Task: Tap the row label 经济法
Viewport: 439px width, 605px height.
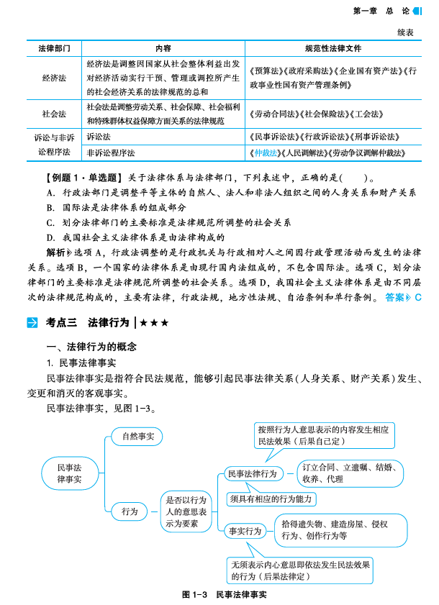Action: pyautogui.click(x=55, y=78)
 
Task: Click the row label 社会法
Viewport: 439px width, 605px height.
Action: pyautogui.click(x=55, y=114)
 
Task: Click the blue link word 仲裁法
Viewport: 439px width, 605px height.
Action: pyautogui.click(x=264, y=153)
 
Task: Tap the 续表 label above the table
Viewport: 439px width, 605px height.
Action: pyautogui.click(x=404, y=32)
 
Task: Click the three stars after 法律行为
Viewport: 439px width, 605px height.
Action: pyautogui.click(x=155, y=322)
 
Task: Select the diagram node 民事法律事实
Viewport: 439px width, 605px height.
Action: pyautogui.click(x=70, y=473)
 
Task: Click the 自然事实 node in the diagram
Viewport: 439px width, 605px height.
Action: pyautogui.click(x=137, y=436)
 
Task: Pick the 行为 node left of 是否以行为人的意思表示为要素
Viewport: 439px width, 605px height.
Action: pyautogui.click(x=130, y=511)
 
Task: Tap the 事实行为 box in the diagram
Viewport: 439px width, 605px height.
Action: pyautogui.click(x=245, y=531)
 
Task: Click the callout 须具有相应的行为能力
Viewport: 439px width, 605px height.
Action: pyautogui.click(x=272, y=499)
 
